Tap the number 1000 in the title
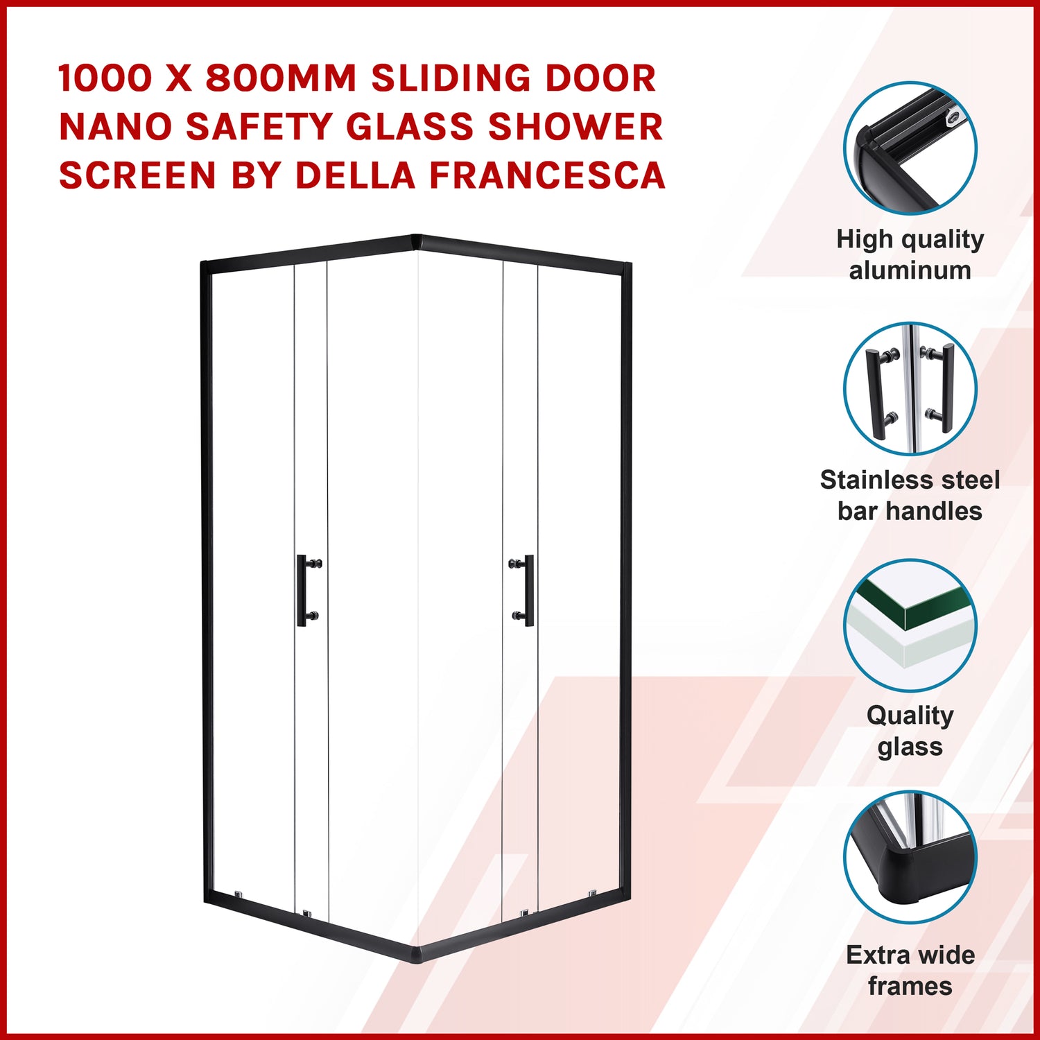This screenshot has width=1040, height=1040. click(x=104, y=78)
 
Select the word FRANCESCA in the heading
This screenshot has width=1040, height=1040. click(x=547, y=175)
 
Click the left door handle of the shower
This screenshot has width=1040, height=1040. click(x=309, y=590)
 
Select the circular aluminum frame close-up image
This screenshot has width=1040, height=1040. click(x=910, y=148)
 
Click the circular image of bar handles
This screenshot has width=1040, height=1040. click(x=910, y=388)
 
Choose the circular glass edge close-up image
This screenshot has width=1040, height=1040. click(x=910, y=625)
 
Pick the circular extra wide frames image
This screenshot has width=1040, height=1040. click(x=910, y=857)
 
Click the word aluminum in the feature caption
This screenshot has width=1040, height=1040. click(x=910, y=270)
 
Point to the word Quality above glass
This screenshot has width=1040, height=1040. click(x=910, y=716)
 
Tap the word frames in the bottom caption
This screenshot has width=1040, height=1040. click(x=910, y=986)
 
